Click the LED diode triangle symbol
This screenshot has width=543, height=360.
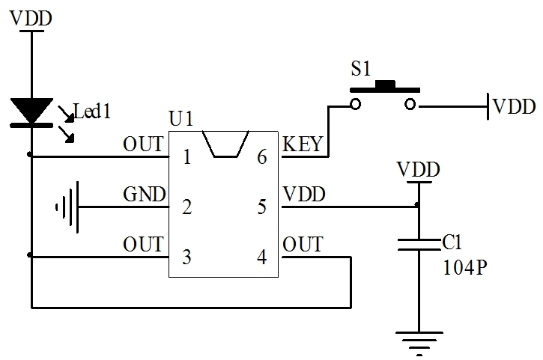(x=31, y=110)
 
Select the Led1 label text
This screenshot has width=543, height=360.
(x=92, y=112)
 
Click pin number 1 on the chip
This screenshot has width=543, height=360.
(x=186, y=157)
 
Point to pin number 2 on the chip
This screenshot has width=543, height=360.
(x=186, y=207)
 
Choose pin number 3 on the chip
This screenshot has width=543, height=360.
(x=186, y=257)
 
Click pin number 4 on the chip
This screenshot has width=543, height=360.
(x=261, y=257)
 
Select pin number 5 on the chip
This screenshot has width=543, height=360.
(x=261, y=207)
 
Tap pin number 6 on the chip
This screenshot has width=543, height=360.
(x=261, y=157)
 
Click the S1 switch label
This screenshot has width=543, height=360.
(x=361, y=69)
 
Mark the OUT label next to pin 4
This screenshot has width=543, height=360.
(x=303, y=245)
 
